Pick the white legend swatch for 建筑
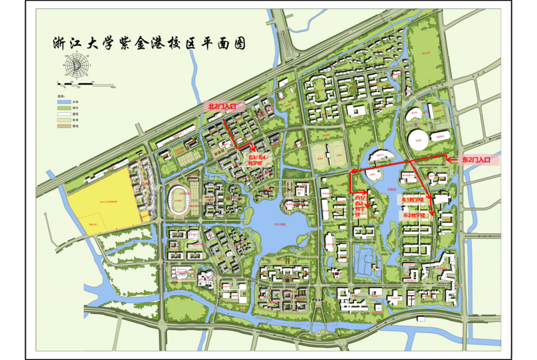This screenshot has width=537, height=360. (65, 114)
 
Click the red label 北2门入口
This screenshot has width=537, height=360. (224, 106)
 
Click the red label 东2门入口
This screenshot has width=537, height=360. (476, 160)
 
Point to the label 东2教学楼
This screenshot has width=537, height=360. (414, 215)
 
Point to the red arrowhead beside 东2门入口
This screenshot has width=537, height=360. (447, 160)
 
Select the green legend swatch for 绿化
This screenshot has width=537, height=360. (65, 107)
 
